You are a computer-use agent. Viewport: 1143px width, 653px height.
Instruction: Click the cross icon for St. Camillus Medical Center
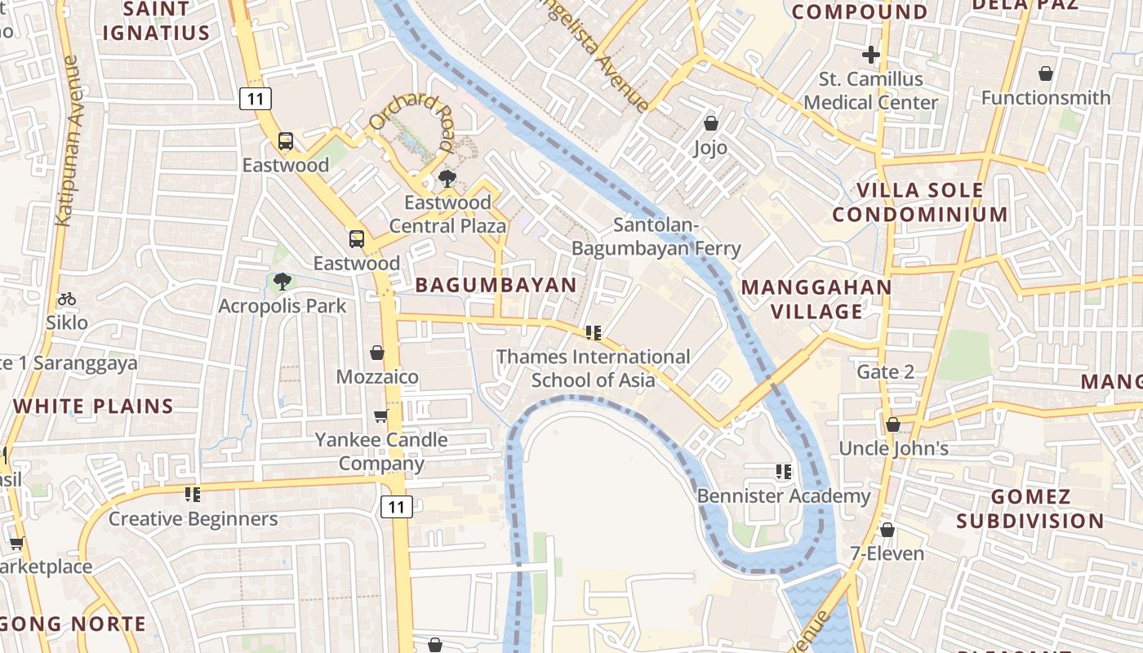tap(871, 55)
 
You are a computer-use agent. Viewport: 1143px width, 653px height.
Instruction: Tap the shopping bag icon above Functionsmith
tap(1046, 73)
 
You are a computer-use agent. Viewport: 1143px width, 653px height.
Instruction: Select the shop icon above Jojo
tap(711, 123)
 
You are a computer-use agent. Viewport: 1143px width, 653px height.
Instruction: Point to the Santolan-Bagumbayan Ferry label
tap(656, 237)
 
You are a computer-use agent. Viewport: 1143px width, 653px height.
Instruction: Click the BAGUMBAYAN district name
tap(496, 285)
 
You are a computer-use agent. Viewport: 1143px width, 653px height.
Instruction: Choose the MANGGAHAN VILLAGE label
tap(817, 299)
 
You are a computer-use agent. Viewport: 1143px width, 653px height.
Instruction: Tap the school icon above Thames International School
tap(594, 332)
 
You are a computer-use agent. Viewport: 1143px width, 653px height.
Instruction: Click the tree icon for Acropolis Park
tap(282, 282)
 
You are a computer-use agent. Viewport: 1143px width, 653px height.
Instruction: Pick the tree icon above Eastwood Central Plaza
tap(447, 178)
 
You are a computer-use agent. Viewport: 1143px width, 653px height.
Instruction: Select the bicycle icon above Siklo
tap(67, 299)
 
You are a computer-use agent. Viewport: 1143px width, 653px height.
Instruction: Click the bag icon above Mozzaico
tap(377, 353)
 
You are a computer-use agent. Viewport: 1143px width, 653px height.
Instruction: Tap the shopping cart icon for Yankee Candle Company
tap(381, 416)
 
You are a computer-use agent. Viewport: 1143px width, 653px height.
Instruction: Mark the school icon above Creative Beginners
tap(193, 494)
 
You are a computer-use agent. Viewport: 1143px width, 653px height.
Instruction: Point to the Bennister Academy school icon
tap(784, 471)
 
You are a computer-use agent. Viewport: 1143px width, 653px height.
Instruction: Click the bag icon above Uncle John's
tap(893, 424)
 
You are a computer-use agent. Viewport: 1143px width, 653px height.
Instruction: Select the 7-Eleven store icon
tap(887, 530)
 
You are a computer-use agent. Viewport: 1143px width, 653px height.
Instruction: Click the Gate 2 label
tap(885, 372)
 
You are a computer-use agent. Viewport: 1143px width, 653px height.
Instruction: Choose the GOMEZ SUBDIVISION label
tap(1030, 509)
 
